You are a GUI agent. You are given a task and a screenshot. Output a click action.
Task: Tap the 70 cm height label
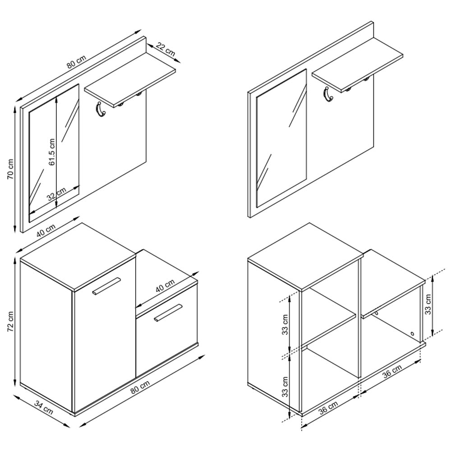tap(10, 169)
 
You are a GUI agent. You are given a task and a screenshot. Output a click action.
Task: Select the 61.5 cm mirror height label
tap(52, 152)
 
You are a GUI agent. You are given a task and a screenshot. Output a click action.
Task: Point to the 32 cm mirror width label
tap(57, 193)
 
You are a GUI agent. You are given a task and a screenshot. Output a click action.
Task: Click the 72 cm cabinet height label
tap(10, 321)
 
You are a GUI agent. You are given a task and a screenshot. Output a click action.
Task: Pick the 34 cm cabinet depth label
tap(44, 407)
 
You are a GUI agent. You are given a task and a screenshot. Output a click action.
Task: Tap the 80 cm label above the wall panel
tap(77, 61)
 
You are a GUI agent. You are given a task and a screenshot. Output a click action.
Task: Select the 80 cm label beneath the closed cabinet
tap(140, 387)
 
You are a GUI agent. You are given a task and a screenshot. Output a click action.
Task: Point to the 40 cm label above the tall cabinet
tap(46, 230)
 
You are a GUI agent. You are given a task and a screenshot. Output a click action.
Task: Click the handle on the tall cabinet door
tap(106, 286)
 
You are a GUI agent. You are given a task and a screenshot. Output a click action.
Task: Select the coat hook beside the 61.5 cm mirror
tap(99, 110)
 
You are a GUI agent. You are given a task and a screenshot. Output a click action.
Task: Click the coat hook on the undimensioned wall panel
tap(327, 95)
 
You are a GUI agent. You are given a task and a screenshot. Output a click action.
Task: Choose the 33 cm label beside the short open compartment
tap(428, 304)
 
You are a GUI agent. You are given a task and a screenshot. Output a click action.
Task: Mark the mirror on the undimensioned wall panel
tap(281, 138)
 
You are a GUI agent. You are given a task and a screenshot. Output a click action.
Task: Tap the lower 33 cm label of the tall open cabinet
tap(285, 387)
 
